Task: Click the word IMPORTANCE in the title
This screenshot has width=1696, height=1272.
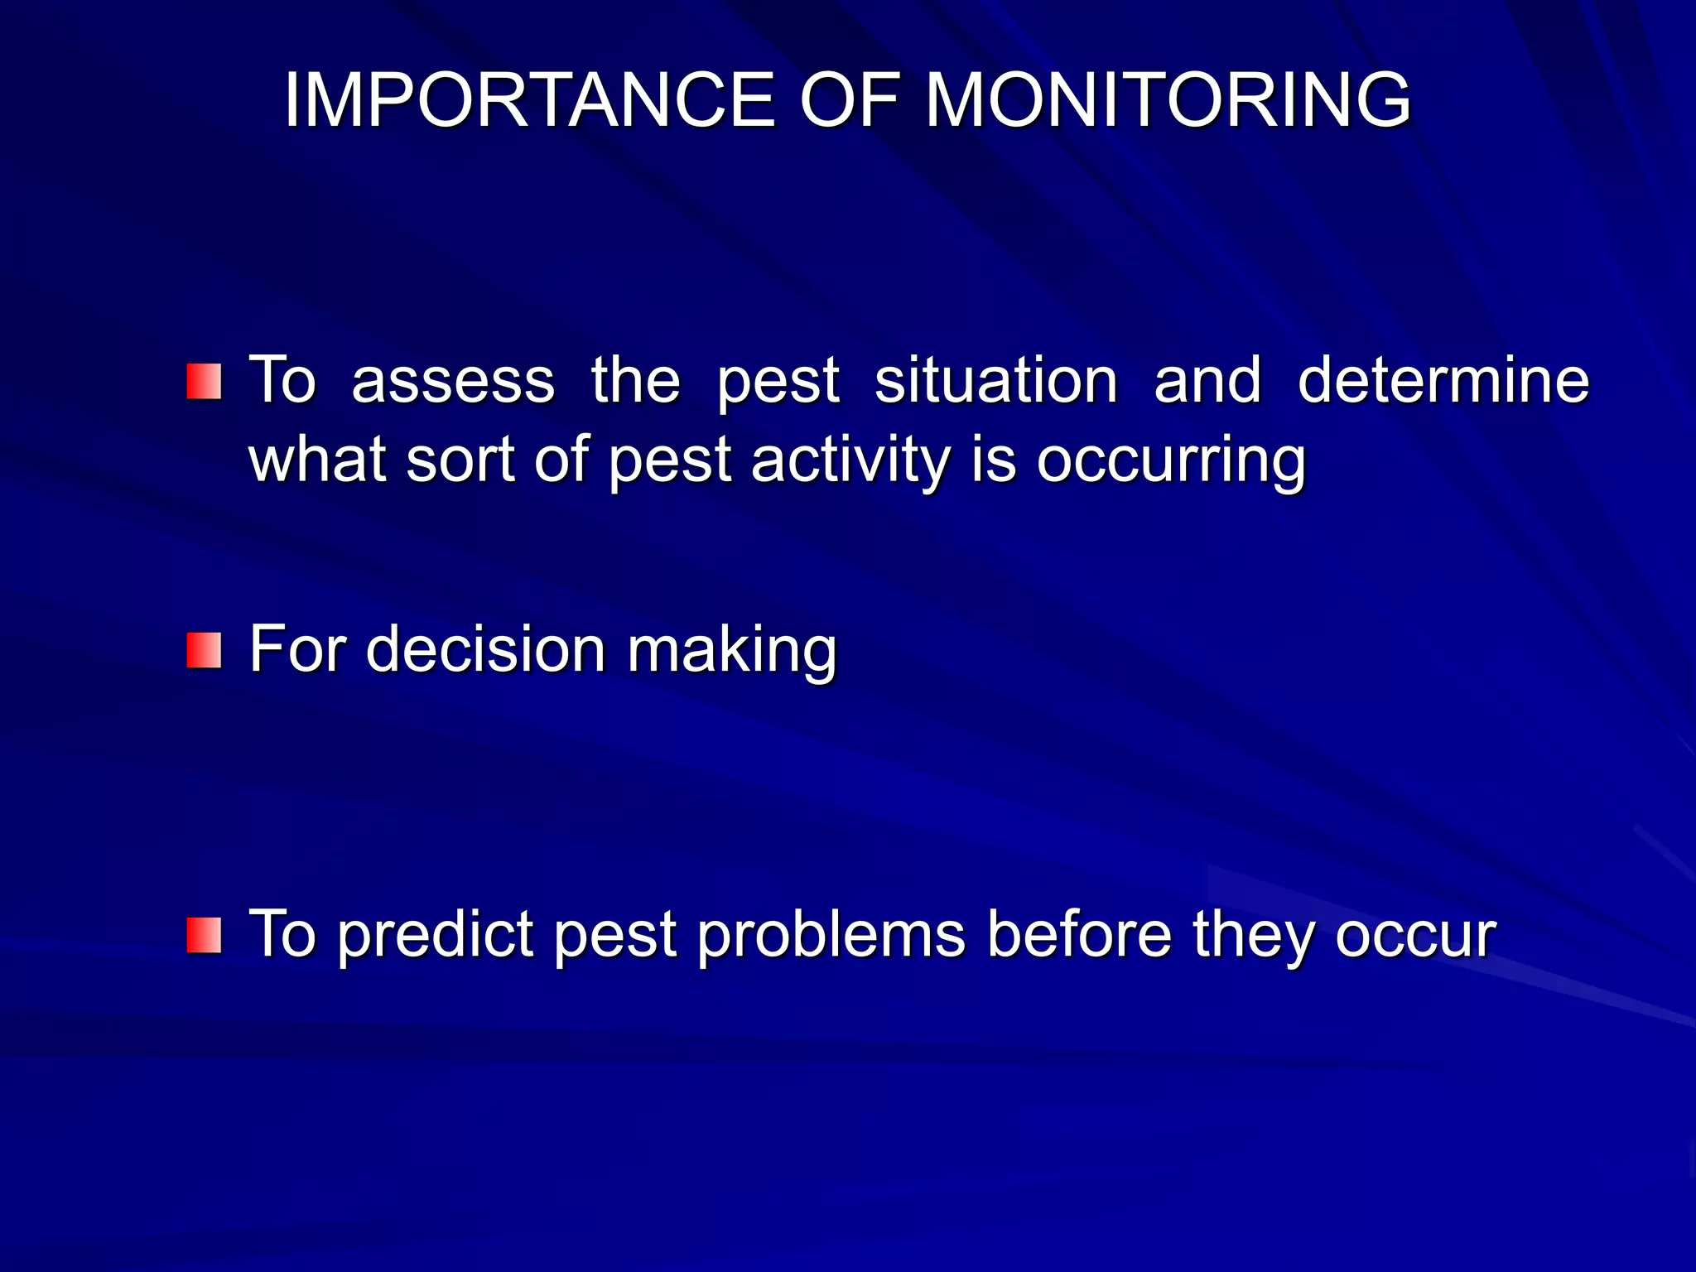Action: click(x=528, y=100)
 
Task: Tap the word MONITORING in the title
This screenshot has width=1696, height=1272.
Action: click(x=1167, y=100)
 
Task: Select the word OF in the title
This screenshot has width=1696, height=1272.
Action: click(x=849, y=100)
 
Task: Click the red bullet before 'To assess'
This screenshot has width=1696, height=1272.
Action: click(x=204, y=382)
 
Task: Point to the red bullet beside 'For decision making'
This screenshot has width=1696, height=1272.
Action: click(x=204, y=650)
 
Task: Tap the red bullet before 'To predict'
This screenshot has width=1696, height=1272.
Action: click(x=204, y=935)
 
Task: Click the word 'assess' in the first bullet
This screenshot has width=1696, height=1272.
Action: click(x=452, y=382)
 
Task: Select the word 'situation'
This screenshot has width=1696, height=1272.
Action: click(x=996, y=382)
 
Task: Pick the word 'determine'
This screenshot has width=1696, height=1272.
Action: click(x=1443, y=382)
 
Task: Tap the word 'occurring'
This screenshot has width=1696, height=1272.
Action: click(x=1171, y=461)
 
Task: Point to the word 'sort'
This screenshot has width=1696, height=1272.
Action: click(x=460, y=461)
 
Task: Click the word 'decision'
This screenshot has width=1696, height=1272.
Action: click(x=486, y=650)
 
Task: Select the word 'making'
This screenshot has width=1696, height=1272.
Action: click(x=732, y=650)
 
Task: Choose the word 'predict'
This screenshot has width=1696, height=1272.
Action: click(x=436, y=935)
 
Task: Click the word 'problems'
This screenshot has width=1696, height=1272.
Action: click(x=831, y=935)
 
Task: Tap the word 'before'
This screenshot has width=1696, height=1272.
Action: click(x=1079, y=935)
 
